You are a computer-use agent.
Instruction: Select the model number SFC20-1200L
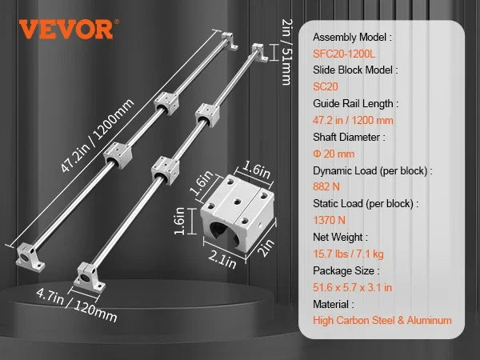pos(344,54)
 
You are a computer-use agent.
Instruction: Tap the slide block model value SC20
pos(326,86)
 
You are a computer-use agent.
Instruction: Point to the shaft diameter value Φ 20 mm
pos(334,154)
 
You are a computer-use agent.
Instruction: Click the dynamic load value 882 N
pos(326,186)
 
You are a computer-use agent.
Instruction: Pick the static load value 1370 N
pos(329,220)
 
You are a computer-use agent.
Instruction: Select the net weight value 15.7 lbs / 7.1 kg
pos(348,254)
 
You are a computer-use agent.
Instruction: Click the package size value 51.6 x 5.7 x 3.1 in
pos(352,287)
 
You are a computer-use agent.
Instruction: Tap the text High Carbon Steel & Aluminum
pos(382,321)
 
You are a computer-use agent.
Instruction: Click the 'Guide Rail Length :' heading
pos(356,104)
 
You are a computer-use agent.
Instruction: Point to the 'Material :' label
pos(334,304)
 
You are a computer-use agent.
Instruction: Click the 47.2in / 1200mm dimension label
pos(98,135)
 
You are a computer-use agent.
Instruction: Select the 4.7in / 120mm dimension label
pos(77,305)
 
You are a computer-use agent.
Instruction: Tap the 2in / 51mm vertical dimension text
pos(287,52)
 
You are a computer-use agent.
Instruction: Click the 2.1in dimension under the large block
pos(222,260)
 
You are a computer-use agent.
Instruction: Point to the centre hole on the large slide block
pos(238,202)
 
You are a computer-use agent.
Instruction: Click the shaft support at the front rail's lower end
pos(90,278)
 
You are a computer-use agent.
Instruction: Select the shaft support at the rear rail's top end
pos(230,41)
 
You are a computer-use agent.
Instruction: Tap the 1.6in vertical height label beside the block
pos(180,221)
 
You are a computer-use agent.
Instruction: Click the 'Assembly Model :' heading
pos(352,38)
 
